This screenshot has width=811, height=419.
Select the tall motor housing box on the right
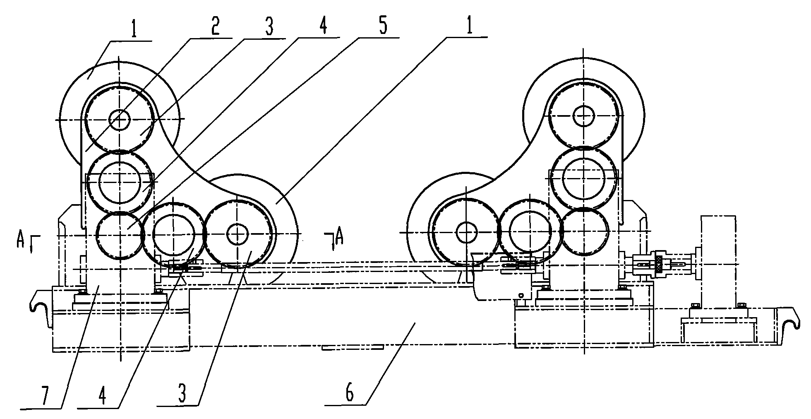pos(718,261)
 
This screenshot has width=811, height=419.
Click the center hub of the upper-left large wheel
pos(119,120)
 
